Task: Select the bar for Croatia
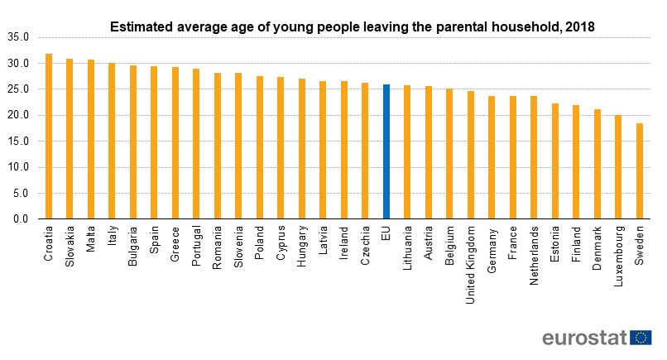click(x=49, y=137)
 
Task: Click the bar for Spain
click(x=154, y=142)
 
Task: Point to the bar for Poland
click(x=260, y=147)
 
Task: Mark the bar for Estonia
click(x=555, y=161)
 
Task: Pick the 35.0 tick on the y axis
click(x=18, y=37)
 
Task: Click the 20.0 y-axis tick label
click(x=18, y=115)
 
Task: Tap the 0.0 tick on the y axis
click(x=21, y=219)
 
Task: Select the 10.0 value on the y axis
click(x=18, y=167)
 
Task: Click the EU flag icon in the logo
click(x=641, y=338)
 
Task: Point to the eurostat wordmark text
click(x=583, y=338)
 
